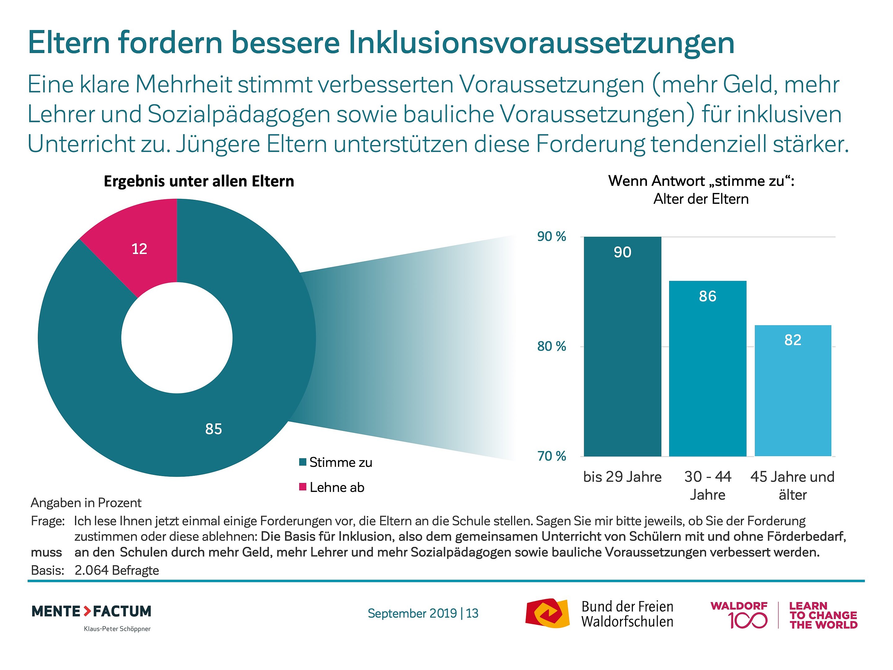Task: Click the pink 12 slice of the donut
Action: [137, 250]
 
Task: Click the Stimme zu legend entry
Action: [336, 462]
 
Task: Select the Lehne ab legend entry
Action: [332, 488]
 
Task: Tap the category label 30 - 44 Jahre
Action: [707, 486]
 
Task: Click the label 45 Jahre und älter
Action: [792, 486]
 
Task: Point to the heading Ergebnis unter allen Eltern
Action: [199, 181]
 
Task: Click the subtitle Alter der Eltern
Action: [701, 199]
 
